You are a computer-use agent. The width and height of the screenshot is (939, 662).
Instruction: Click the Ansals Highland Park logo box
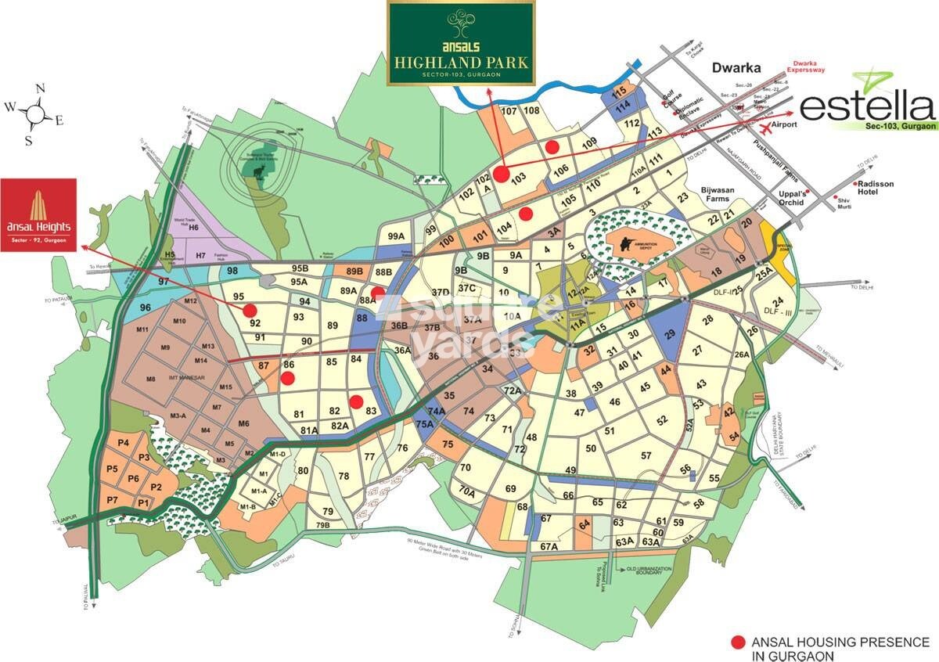(x=461, y=43)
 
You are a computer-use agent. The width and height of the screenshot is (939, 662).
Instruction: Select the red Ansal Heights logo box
(x=38, y=215)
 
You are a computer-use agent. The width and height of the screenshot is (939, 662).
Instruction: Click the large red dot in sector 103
(x=501, y=174)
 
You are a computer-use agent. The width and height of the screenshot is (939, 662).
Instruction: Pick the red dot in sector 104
(x=526, y=213)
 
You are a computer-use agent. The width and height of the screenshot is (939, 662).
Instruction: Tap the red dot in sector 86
(x=287, y=379)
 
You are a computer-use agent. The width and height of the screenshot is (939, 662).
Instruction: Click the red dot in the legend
(x=737, y=642)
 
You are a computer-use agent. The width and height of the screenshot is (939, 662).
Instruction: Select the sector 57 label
(x=646, y=455)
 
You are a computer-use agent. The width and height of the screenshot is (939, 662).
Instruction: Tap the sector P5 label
(x=113, y=470)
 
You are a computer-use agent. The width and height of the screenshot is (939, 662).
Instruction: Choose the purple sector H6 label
(x=194, y=227)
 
